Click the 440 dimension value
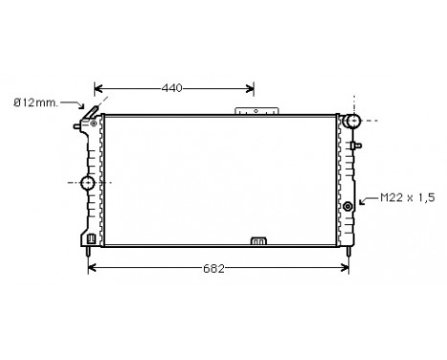[171, 88]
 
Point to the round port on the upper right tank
[353, 122]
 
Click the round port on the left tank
[88, 182]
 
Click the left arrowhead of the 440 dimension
[99, 88]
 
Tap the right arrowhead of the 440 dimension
[250, 88]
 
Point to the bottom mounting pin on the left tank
[88, 254]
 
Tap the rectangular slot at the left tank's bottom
[90, 239]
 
